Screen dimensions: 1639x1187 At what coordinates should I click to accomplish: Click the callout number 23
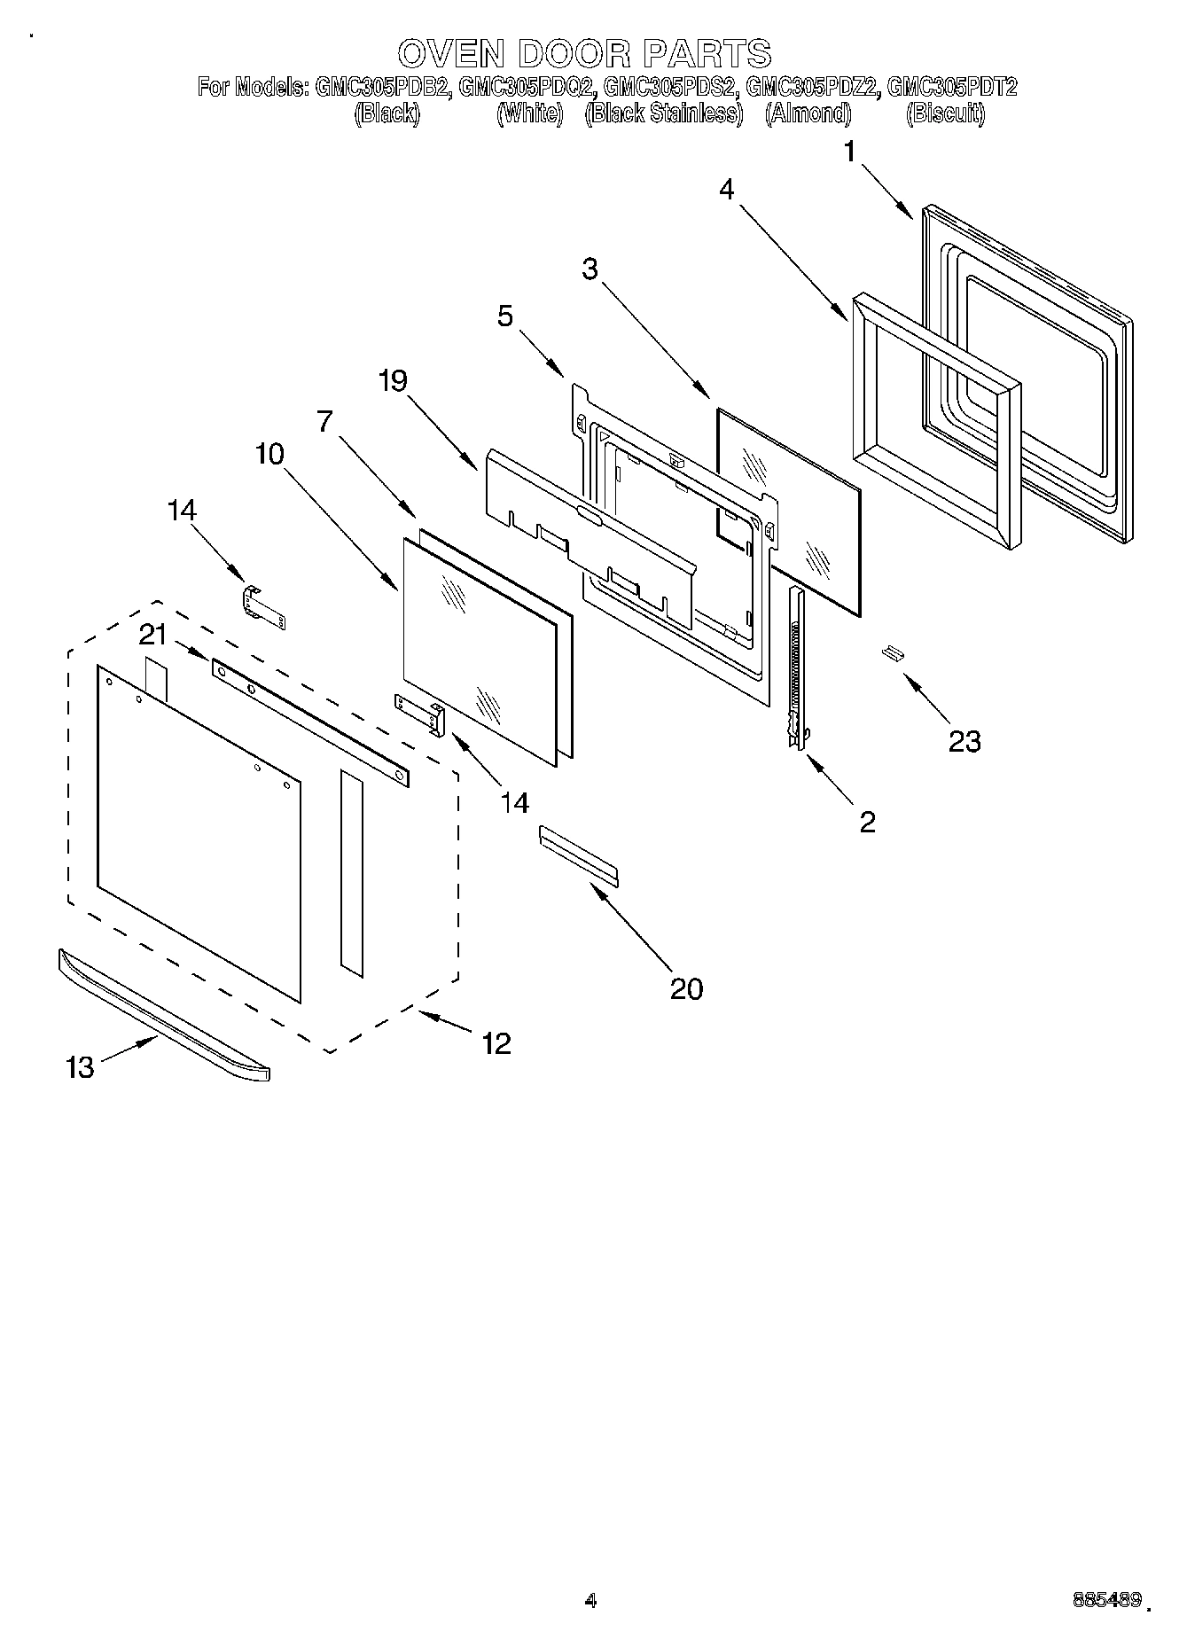click(964, 740)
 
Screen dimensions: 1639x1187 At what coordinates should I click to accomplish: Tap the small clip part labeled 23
click(892, 653)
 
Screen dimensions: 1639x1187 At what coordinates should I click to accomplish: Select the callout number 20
click(686, 988)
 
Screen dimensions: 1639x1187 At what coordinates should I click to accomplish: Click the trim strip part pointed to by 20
click(578, 856)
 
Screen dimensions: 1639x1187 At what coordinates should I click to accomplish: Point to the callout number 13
click(80, 1066)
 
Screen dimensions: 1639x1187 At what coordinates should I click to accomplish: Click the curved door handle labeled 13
click(164, 1013)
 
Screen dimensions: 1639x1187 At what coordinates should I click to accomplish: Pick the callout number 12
click(496, 1042)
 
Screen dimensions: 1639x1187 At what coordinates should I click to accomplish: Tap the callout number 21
click(152, 635)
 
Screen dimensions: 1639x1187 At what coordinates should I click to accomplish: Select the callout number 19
click(392, 380)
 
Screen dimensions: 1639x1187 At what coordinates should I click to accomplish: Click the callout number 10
click(269, 454)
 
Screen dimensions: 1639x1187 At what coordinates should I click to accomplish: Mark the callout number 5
click(505, 316)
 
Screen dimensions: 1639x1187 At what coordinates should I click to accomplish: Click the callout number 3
click(590, 269)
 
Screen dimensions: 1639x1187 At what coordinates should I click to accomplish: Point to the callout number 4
click(727, 189)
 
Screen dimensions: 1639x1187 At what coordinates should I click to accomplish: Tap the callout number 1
click(849, 152)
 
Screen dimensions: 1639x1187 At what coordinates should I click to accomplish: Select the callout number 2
click(867, 822)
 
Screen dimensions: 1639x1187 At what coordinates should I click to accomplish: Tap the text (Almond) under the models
click(808, 113)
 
